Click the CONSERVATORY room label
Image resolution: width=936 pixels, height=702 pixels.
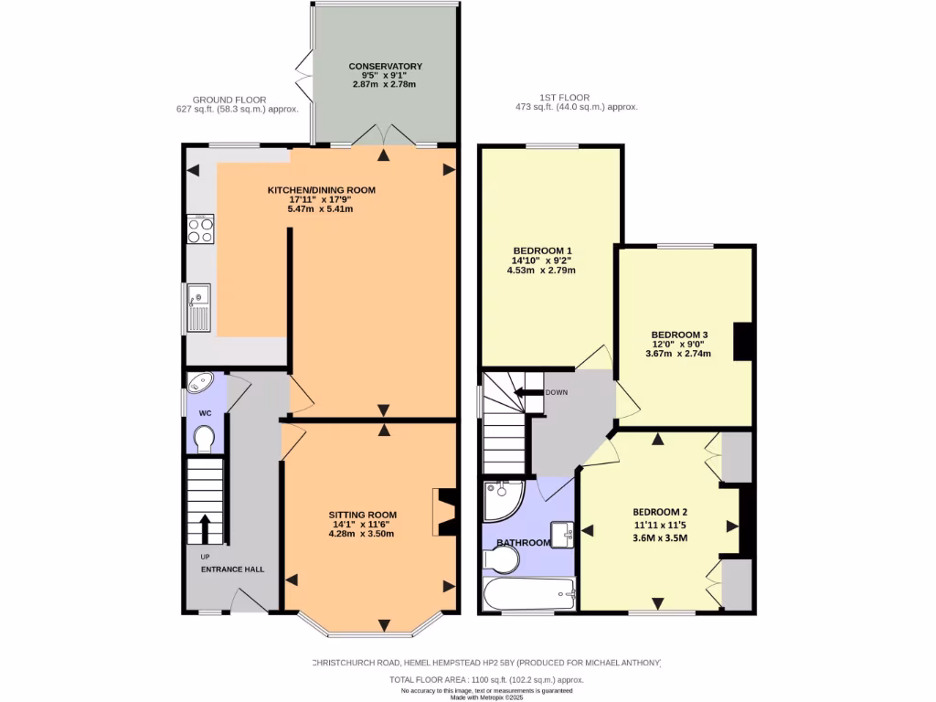(x=384, y=66)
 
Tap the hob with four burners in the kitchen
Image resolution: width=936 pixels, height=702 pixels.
(x=199, y=229)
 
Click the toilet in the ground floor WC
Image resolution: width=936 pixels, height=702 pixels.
(x=206, y=441)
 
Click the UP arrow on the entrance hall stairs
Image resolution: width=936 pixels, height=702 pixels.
(x=205, y=528)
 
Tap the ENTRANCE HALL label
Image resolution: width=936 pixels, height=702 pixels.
(x=233, y=569)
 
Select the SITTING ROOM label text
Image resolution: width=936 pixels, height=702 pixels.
(x=361, y=515)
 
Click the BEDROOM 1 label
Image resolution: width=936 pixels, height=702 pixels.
(x=542, y=250)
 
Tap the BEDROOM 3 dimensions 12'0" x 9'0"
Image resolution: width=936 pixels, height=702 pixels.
(x=678, y=344)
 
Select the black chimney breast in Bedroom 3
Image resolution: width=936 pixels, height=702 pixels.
(x=743, y=341)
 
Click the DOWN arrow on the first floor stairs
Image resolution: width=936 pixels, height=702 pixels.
(x=527, y=392)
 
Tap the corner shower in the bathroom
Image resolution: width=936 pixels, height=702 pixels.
(x=501, y=498)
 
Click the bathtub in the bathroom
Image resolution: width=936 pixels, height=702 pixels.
(x=528, y=596)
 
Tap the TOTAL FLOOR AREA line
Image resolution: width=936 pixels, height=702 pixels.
(x=486, y=680)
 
